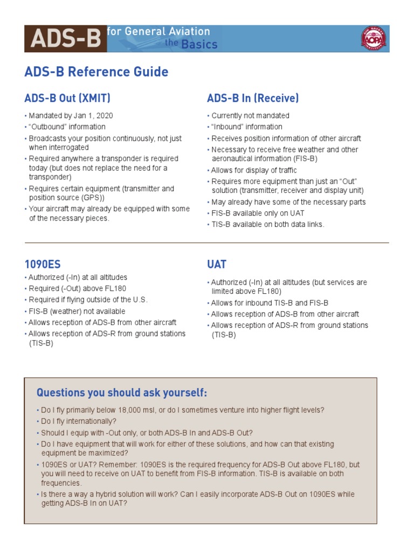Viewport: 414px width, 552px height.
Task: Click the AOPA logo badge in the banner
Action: coord(373,39)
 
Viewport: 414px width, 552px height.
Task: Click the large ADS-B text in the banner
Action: coord(66,39)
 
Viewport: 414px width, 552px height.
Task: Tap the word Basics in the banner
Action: coord(199,44)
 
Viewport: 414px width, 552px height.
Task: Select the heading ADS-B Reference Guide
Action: coord(96,72)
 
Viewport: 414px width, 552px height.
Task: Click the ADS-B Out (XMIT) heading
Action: coord(67,98)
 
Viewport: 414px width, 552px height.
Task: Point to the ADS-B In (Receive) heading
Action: coord(253,98)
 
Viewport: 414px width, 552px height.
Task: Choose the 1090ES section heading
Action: coord(43,264)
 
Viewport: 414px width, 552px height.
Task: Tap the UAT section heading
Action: coord(217,264)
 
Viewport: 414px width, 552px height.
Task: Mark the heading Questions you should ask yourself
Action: coord(122,392)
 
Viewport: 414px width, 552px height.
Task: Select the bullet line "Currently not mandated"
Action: coord(250,115)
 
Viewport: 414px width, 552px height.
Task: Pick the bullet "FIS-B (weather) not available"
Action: coord(77,311)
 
